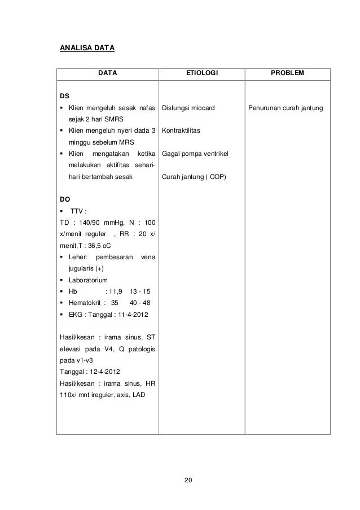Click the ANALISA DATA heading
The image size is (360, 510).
(87, 48)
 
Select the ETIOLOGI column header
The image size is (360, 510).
(201, 73)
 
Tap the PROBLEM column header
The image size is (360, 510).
(287, 73)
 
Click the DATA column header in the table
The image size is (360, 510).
(108, 73)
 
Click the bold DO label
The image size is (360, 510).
(65, 199)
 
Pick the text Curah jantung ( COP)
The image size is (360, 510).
(194, 177)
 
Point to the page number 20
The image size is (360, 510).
(188, 481)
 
